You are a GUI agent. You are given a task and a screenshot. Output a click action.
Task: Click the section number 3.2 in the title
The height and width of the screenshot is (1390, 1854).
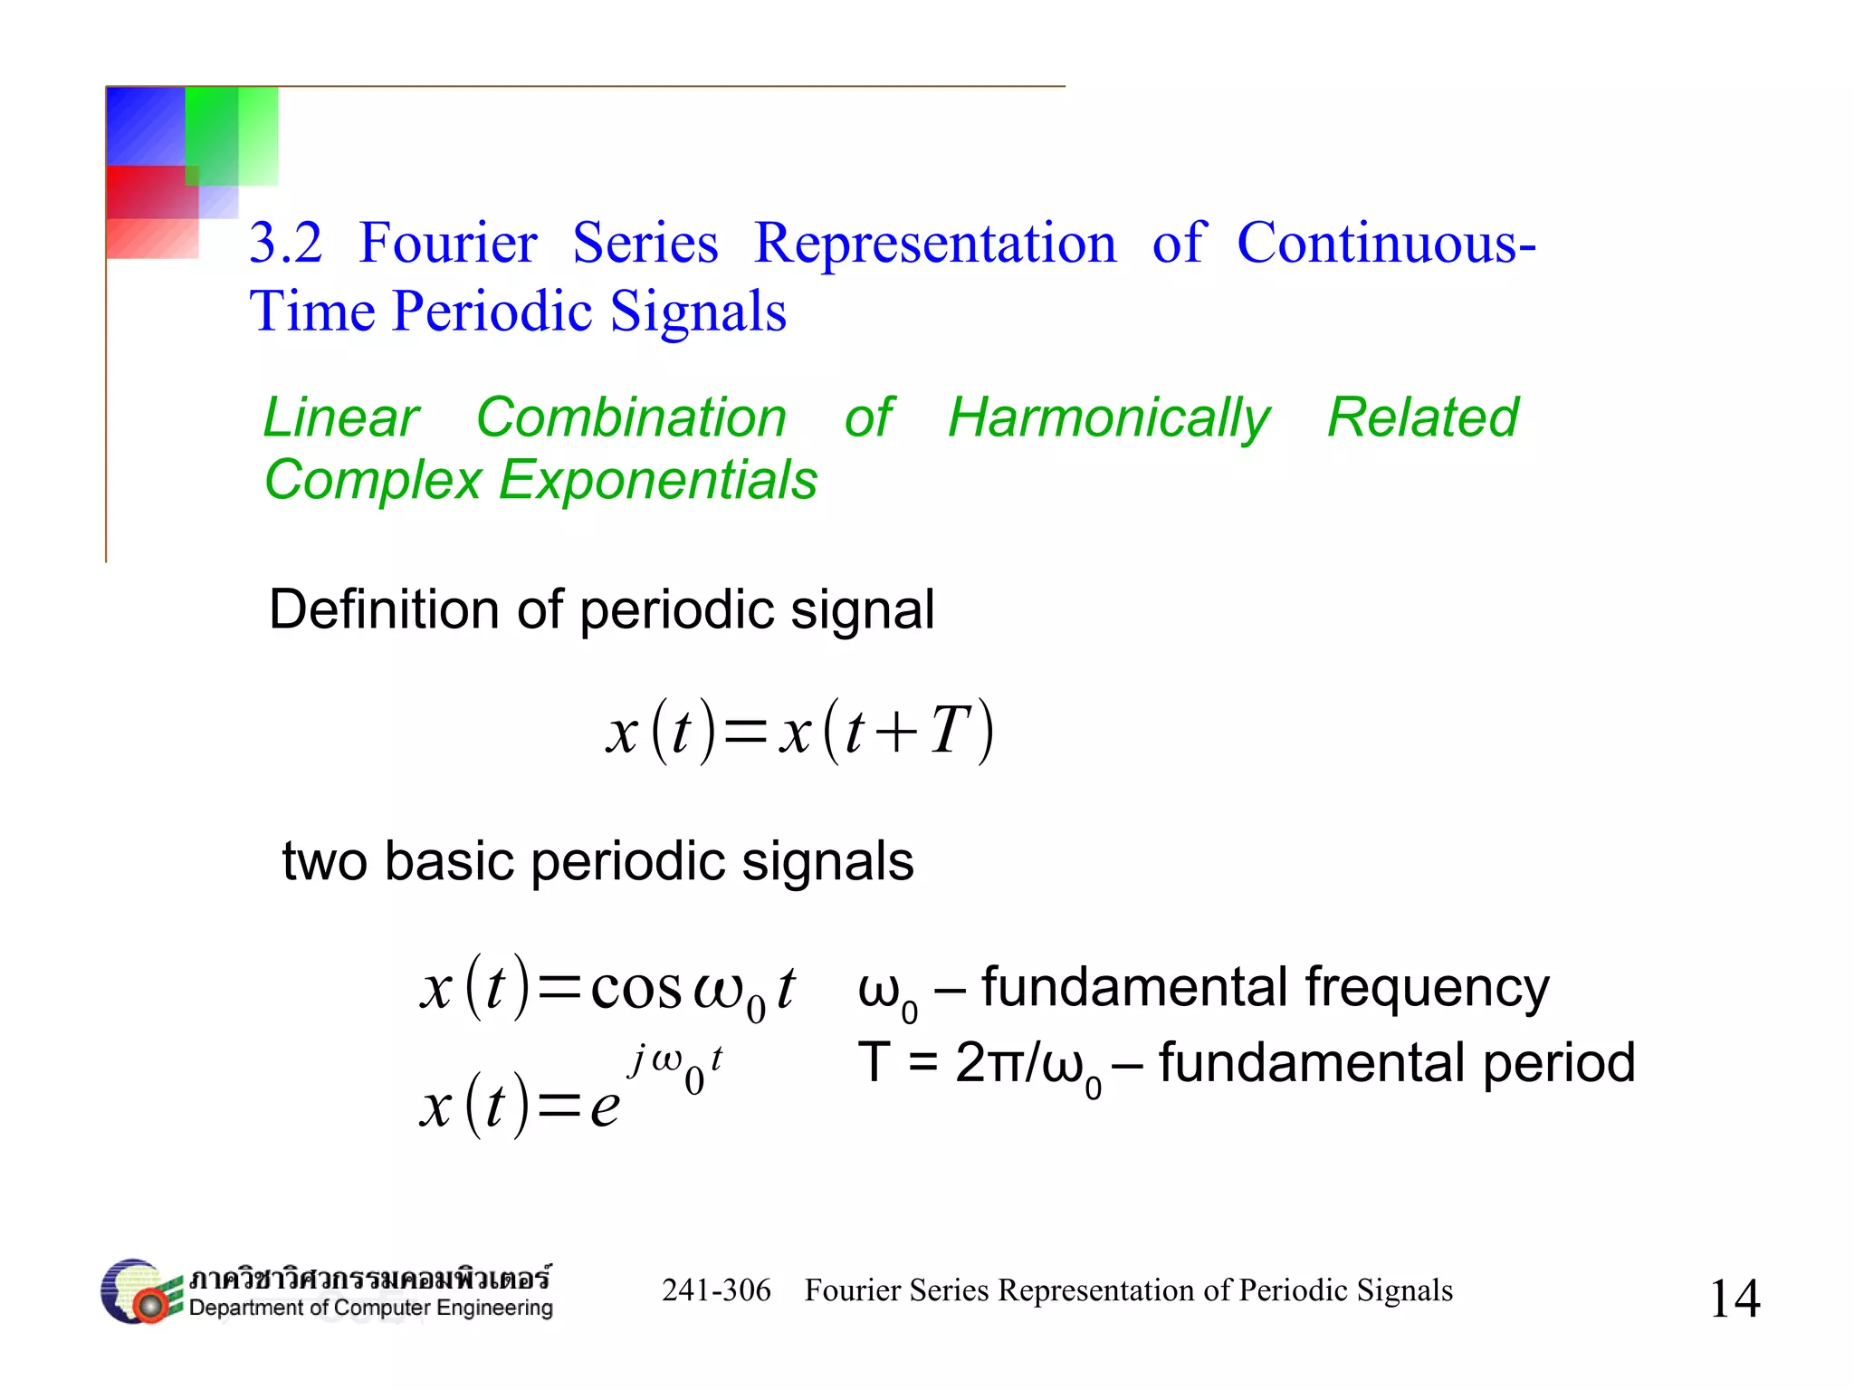285,244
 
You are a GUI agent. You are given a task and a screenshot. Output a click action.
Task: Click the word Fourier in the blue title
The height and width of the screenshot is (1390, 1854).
448,244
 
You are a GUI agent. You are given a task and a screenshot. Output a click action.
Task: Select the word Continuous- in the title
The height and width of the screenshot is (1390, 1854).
1386,244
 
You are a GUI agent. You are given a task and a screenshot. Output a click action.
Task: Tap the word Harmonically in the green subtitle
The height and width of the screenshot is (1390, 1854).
1108,418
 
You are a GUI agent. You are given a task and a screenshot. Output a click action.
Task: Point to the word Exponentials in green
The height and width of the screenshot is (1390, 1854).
658,479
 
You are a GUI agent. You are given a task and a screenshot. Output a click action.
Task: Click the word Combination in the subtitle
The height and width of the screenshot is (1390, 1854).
631,418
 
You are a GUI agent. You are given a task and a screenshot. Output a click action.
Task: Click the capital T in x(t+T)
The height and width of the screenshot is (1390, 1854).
951,731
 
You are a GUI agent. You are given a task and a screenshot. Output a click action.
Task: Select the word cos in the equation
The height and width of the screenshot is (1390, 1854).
636,988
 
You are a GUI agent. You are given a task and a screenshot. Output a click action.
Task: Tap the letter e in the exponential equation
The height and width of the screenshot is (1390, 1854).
605,1107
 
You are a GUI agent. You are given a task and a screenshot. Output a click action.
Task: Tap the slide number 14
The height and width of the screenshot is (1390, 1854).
1734,1299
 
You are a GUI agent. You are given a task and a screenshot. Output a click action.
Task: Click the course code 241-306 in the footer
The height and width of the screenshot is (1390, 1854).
716,1290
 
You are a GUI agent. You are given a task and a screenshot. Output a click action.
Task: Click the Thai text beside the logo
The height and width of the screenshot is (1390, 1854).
369,1279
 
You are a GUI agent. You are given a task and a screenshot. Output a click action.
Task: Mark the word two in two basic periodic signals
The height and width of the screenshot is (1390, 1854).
324,861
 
